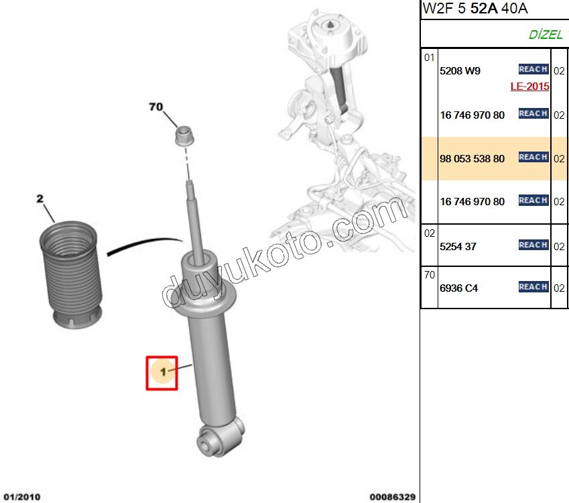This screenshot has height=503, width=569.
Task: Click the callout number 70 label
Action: click(x=155, y=107)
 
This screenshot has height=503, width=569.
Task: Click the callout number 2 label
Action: click(x=40, y=199)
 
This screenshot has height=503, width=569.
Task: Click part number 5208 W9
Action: click(x=460, y=70)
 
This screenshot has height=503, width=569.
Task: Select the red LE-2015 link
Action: click(x=529, y=87)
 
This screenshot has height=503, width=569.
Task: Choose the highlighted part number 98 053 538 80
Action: click(x=472, y=159)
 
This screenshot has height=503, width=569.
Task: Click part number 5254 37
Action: click(x=458, y=246)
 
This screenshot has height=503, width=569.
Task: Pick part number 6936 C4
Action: click(x=458, y=288)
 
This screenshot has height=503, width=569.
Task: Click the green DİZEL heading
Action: click(x=544, y=35)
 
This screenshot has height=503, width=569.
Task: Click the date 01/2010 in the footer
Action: click(x=21, y=497)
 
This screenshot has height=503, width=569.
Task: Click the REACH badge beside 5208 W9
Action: click(x=533, y=69)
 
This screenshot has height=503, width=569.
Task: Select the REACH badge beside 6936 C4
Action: click(x=533, y=287)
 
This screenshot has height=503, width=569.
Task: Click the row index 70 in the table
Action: click(x=430, y=274)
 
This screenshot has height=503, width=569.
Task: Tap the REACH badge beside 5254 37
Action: click(x=533, y=245)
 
